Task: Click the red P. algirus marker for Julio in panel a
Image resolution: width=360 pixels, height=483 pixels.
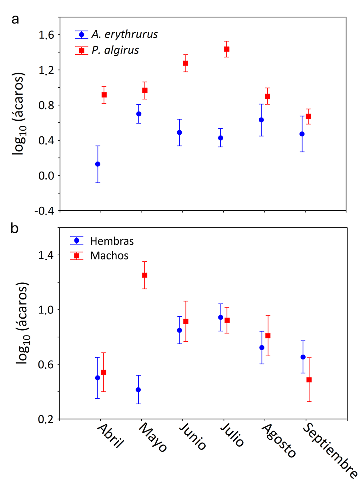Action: click(x=226, y=49)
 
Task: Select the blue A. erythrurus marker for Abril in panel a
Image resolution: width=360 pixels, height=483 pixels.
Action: click(x=98, y=164)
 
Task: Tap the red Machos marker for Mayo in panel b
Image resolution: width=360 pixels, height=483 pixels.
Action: click(x=144, y=275)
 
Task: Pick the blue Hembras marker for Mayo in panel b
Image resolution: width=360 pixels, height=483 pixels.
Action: click(x=138, y=389)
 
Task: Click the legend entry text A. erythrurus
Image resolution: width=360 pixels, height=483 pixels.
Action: click(x=124, y=34)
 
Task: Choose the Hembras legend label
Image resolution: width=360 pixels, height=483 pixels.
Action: click(x=112, y=241)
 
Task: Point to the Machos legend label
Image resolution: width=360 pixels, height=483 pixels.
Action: click(x=109, y=255)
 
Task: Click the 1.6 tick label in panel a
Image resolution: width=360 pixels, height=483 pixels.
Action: click(x=45, y=35)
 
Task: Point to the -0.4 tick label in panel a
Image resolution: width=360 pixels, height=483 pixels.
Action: click(x=43, y=211)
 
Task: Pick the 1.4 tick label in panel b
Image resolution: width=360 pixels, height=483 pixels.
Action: click(x=45, y=255)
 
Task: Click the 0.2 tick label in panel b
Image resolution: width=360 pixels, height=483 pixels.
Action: click(x=45, y=419)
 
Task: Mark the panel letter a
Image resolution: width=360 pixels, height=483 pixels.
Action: click(x=15, y=19)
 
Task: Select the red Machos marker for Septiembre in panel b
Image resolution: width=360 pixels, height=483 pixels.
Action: click(x=309, y=379)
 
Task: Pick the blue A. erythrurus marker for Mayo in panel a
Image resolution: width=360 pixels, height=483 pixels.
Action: click(x=139, y=114)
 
